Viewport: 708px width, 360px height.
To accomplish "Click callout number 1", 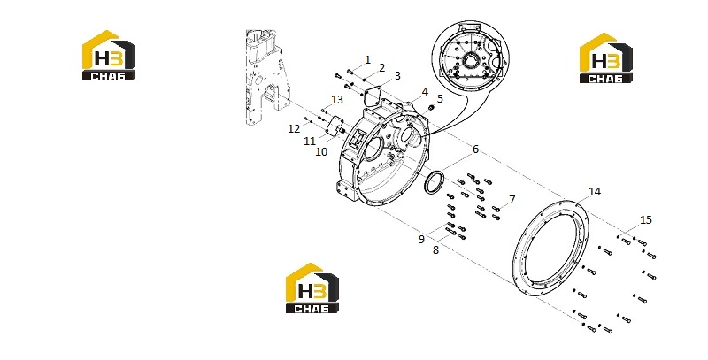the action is (x=367, y=59).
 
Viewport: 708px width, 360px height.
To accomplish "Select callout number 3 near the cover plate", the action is (x=397, y=76).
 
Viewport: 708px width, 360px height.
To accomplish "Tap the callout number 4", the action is (x=425, y=92).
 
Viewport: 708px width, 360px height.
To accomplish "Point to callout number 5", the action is (x=440, y=99).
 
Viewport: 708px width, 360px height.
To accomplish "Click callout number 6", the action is (x=475, y=149).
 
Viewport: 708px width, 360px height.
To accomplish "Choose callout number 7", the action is (x=512, y=199).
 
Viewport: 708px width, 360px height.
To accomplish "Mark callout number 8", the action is (x=435, y=249).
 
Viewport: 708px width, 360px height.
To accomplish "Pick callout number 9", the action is (x=421, y=239).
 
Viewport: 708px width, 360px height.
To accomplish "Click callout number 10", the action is (x=321, y=151).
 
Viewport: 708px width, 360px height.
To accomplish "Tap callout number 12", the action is (x=294, y=129).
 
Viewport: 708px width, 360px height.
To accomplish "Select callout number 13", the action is (x=337, y=99).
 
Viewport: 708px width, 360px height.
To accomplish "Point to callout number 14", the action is (x=595, y=192).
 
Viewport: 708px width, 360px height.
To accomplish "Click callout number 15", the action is (x=646, y=219).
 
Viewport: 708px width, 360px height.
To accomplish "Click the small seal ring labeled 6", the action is (x=427, y=181).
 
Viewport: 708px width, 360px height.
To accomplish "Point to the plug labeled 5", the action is (x=431, y=108).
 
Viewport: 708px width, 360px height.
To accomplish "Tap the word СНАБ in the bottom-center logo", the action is (x=312, y=308).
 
